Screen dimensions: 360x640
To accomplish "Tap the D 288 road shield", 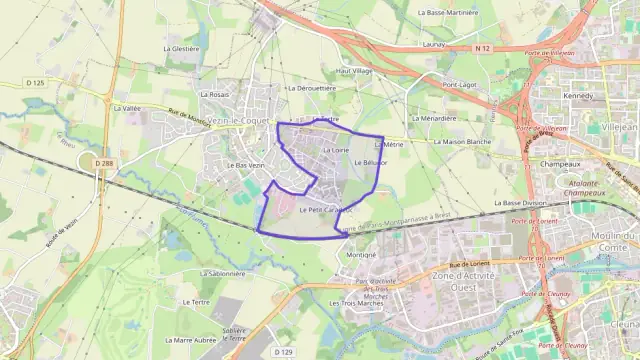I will (104, 163).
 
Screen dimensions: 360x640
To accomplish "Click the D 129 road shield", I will (283, 352).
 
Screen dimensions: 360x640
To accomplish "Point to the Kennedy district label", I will (577, 96).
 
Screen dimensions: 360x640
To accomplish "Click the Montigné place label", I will (361, 255).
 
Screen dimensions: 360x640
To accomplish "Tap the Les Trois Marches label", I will (350, 303).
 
